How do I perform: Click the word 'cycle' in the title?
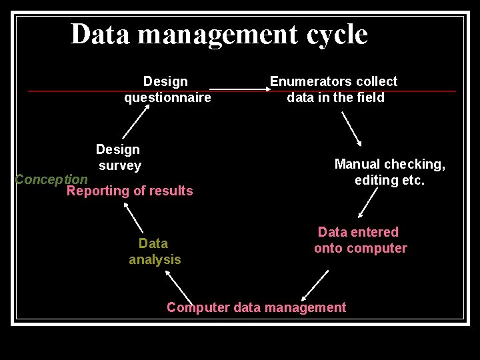click(337, 35)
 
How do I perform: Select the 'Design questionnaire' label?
click(167, 89)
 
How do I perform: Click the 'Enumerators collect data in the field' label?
click(334, 89)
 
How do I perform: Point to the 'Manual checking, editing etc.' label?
click(389, 172)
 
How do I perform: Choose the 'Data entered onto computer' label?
click(360, 240)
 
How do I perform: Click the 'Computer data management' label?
click(256, 307)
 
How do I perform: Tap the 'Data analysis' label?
click(154, 251)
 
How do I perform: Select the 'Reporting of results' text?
click(129, 191)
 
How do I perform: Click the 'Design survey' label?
click(119, 157)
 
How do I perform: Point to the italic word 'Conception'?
click(51, 179)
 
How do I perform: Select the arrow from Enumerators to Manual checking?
click(351, 129)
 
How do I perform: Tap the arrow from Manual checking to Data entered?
click(367, 202)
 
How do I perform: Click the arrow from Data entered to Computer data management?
click(315, 286)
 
